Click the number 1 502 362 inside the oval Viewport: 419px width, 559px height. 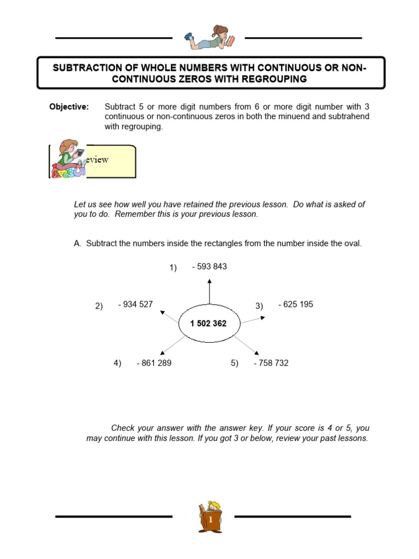click(x=208, y=324)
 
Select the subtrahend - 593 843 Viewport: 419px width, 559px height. click(x=209, y=267)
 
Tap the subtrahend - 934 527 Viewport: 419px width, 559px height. click(x=135, y=305)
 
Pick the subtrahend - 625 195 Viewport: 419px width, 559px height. click(x=296, y=305)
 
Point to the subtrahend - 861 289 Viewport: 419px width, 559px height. click(x=154, y=363)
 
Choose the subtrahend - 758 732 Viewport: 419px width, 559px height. click(x=271, y=363)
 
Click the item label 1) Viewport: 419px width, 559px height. click(x=173, y=267)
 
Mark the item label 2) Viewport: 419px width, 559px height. click(x=99, y=306)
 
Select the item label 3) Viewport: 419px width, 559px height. click(x=259, y=306)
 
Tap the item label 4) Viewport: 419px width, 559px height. click(x=117, y=363)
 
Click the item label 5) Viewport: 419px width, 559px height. click(x=235, y=363)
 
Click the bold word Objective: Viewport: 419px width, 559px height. click(x=69, y=107)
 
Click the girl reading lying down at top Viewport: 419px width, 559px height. click(x=209, y=38)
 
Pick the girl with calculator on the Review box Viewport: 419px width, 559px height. click(x=69, y=159)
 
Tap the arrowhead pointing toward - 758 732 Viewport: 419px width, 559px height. click(x=257, y=354)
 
